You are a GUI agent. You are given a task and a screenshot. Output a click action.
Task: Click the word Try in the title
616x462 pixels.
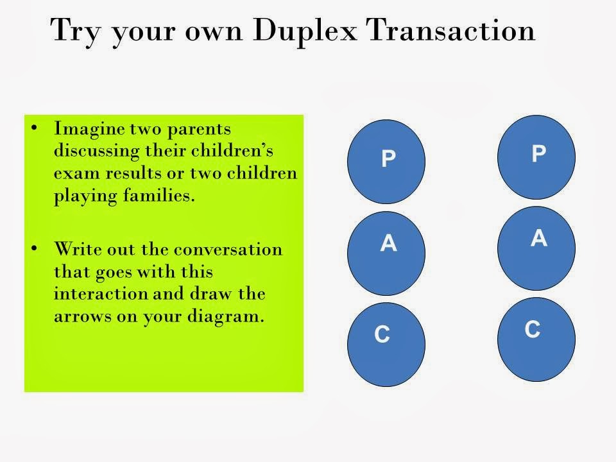76,31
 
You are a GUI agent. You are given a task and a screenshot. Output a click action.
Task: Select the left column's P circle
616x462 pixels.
386,158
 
